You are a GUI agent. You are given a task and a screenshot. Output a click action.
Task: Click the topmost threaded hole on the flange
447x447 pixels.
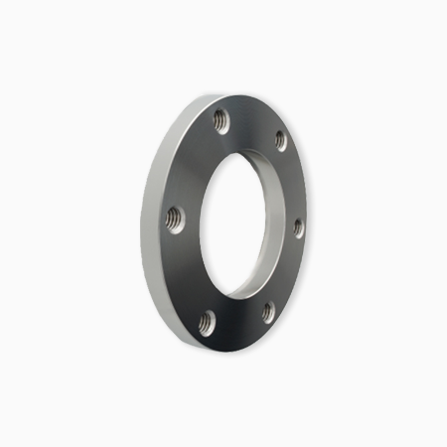pos(221,122)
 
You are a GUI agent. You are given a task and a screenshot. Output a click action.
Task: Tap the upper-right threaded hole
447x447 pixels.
pos(280,139)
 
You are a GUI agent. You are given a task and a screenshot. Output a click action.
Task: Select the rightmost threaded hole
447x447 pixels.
pos(298,226)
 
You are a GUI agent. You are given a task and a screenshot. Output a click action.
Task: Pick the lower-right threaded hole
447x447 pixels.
pos(268,312)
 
